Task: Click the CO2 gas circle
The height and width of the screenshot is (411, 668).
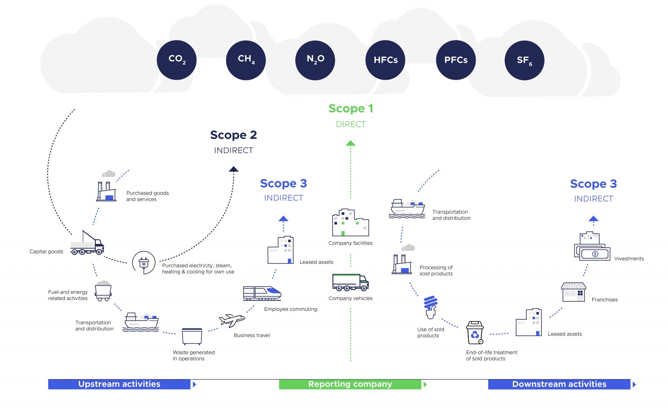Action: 177,60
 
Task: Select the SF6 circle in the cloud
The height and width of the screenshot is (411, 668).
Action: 524,60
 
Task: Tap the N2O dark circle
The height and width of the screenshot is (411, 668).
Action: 315,60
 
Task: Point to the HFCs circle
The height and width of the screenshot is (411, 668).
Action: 385,60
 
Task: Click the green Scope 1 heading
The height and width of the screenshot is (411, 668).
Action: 351,108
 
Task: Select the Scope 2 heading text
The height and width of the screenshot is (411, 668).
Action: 234,135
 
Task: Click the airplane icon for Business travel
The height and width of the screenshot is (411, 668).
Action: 232,320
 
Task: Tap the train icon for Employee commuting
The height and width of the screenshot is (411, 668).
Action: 262,293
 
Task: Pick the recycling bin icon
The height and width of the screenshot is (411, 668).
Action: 474,333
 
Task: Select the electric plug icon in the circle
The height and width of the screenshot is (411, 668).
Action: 144,263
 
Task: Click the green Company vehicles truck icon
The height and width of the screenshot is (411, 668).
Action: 350,282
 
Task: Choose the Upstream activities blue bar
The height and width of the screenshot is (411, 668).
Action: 119,384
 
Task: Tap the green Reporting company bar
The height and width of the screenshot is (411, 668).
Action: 350,384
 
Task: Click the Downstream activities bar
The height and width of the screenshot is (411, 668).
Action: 559,384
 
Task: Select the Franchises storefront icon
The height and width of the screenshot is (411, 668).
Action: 573,292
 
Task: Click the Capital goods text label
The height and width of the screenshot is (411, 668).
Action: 46,252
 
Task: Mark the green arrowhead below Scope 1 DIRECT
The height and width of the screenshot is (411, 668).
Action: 351,143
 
